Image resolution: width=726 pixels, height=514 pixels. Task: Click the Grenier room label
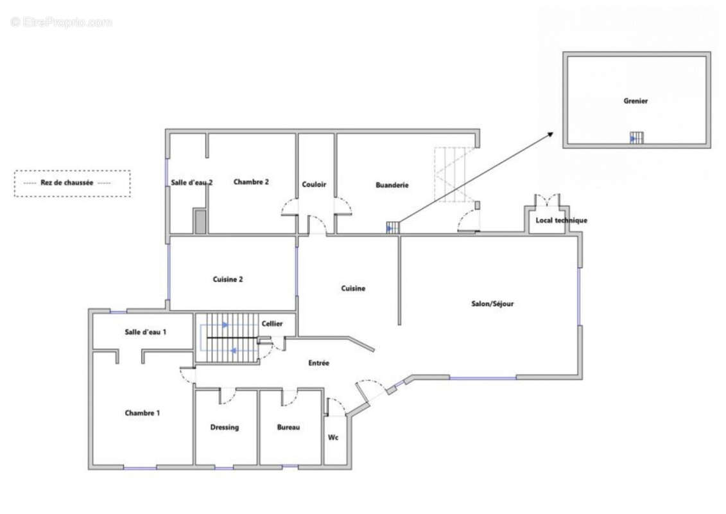[x=635, y=101]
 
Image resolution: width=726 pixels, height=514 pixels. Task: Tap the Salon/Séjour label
[x=492, y=303]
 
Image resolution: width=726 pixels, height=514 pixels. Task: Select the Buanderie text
[x=392, y=185]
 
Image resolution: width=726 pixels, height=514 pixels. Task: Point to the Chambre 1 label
[x=142, y=413]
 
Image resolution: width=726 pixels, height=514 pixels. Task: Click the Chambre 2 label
[x=251, y=182]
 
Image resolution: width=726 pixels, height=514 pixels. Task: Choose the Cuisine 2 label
[x=227, y=279]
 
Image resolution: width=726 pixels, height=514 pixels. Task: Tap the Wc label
[x=333, y=437]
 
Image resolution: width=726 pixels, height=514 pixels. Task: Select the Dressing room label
[x=225, y=427]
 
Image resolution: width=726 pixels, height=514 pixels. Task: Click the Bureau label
[x=288, y=427]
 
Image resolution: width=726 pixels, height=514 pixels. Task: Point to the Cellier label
[x=272, y=324]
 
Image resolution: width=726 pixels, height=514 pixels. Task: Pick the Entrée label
[x=318, y=363]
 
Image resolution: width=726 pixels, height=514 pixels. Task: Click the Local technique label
[x=561, y=220]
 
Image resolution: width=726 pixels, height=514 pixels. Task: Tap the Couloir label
[x=314, y=184]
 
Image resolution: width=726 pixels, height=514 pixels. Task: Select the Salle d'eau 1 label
[x=145, y=332]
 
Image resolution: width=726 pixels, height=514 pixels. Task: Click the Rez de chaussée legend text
[x=67, y=182]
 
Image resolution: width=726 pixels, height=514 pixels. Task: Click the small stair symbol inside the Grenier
[x=636, y=137]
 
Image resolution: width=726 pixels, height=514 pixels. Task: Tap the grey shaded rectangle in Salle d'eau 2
[x=200, y=222]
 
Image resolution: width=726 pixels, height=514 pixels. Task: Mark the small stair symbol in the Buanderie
[x=393, y=227]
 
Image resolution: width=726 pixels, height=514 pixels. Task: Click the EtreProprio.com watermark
[x=62, y=22]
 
